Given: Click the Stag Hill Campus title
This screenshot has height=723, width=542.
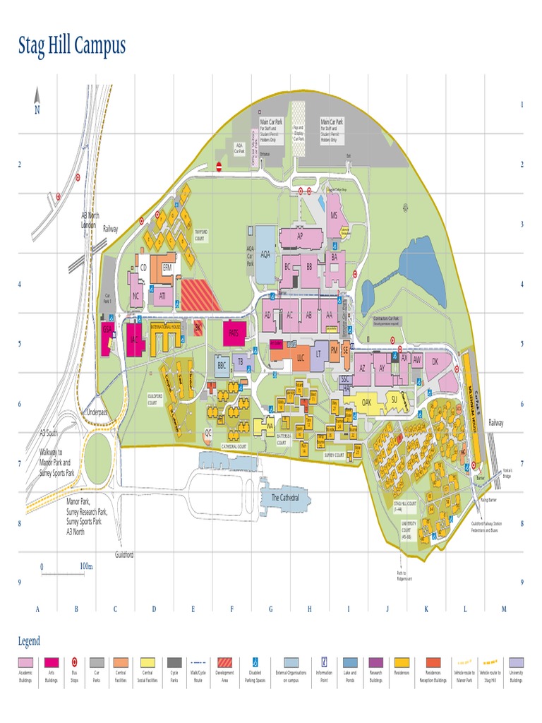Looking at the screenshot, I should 71,47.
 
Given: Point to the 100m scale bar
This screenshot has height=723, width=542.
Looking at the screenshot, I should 63,570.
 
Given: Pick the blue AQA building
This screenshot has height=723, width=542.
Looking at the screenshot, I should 266,254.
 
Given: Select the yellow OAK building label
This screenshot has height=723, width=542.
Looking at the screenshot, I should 366,401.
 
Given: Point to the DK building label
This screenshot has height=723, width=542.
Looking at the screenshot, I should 435,361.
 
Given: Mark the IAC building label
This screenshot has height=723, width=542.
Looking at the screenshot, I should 134,339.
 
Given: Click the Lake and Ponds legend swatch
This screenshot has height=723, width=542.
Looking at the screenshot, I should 349,662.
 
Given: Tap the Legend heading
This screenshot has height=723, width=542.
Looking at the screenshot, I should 29,641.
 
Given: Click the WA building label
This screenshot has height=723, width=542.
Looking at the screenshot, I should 269,426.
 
